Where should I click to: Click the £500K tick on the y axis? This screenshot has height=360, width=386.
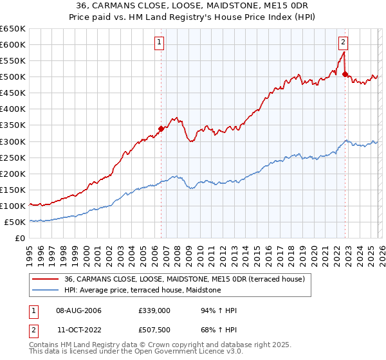13,77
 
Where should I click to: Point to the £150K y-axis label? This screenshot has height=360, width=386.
13,190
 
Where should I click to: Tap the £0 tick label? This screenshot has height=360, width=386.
20,239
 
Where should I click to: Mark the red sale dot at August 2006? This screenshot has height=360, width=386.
161,129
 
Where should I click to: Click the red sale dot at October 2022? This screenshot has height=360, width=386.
345,74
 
